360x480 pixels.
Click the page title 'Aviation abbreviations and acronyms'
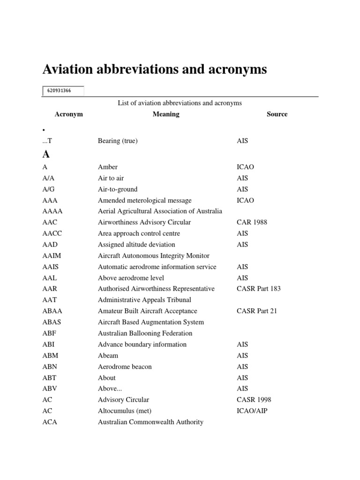155,69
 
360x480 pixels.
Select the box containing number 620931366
63,90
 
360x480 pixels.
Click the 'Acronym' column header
68,114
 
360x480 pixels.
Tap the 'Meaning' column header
166,114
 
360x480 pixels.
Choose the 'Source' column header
277,114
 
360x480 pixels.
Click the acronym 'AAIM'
52,255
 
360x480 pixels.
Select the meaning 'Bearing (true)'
118,141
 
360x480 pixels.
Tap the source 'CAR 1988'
252,222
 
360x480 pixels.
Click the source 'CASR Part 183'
259,289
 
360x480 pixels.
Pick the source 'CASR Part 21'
257,311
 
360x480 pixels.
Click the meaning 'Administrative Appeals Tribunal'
144,300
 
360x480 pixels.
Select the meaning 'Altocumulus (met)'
125,411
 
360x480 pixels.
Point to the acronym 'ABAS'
52,322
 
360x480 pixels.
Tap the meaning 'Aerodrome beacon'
125,367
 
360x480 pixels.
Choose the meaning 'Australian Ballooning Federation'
145,333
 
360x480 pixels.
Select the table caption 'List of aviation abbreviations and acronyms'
180,103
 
